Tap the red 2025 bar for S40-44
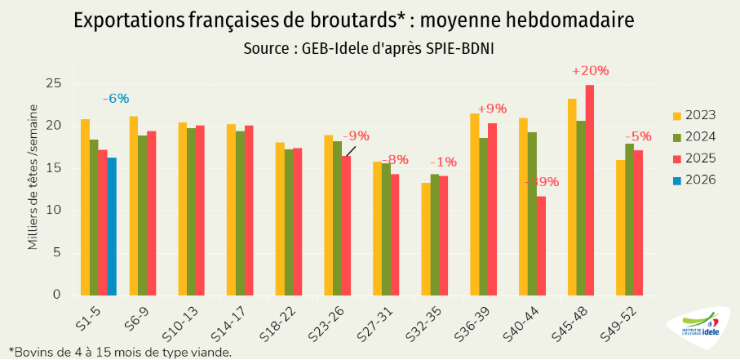[x=541, y=245]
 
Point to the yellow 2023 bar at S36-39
[x=474, y=204]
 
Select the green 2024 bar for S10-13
[x=190, y=211]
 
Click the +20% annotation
[x=590, y=71]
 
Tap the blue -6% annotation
[x=116, y=98]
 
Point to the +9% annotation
[x=492, y=108]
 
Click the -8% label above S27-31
[x=395, y=159]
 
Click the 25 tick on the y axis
[x=55, y=84]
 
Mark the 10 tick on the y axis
[x=55, y=211]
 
